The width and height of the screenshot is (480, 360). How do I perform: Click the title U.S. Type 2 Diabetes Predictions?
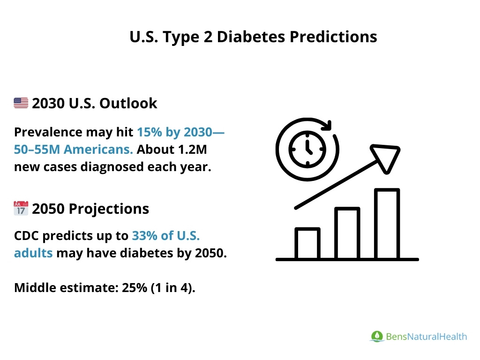click(x=253, y=37)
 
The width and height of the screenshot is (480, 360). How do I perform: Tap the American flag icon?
click(x=21, y=103)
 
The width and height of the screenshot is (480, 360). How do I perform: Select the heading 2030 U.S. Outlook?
click(x=94, y=103)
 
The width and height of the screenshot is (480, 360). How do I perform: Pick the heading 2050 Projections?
click(x=90, y=208)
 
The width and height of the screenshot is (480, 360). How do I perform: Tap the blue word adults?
click(x=33, y=253)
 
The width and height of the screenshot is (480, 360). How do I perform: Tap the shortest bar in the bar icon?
click(x=307, y=244)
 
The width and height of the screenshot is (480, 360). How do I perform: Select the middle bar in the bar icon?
click(x=347, y=233)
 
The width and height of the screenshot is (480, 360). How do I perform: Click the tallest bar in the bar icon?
click(x=387, y=224)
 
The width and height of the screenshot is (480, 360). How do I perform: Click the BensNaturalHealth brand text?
click(x=426, y=336)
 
